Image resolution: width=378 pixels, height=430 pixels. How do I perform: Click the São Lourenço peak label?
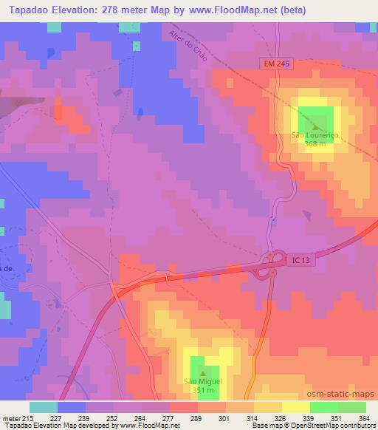point(315,136)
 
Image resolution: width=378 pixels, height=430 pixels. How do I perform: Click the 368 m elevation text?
point(315,145)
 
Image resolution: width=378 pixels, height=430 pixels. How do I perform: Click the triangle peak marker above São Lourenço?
point(315,127)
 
